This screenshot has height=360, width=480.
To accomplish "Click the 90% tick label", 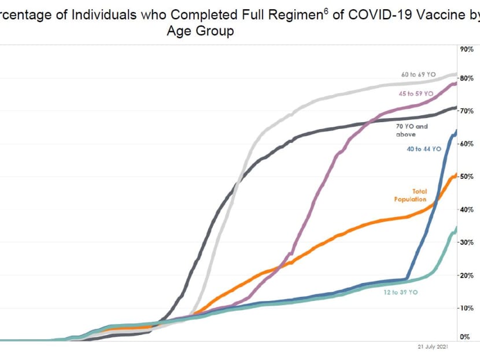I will click(467, 49).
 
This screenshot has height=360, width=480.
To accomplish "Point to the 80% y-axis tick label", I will click(467, 78).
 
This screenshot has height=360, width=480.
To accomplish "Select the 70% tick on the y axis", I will click(467, 111).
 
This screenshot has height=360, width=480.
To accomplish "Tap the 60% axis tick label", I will click(467, 144).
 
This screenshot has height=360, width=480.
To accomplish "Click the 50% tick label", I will click(467, 177).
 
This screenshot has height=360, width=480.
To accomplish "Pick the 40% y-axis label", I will click(467, 210).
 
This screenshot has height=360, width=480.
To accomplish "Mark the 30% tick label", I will click(467, 243).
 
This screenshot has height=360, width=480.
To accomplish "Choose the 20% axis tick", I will click(467, 275).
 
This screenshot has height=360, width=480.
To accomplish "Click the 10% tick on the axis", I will click(467, 308).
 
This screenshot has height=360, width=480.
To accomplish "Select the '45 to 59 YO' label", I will click(416, 93).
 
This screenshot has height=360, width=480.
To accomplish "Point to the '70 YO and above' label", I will click(412, 130).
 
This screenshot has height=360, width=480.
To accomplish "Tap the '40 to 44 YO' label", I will click(423, 149).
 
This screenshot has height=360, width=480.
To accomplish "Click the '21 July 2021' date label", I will click(432, 347).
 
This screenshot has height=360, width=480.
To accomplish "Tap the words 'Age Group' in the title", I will click(200, 31).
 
